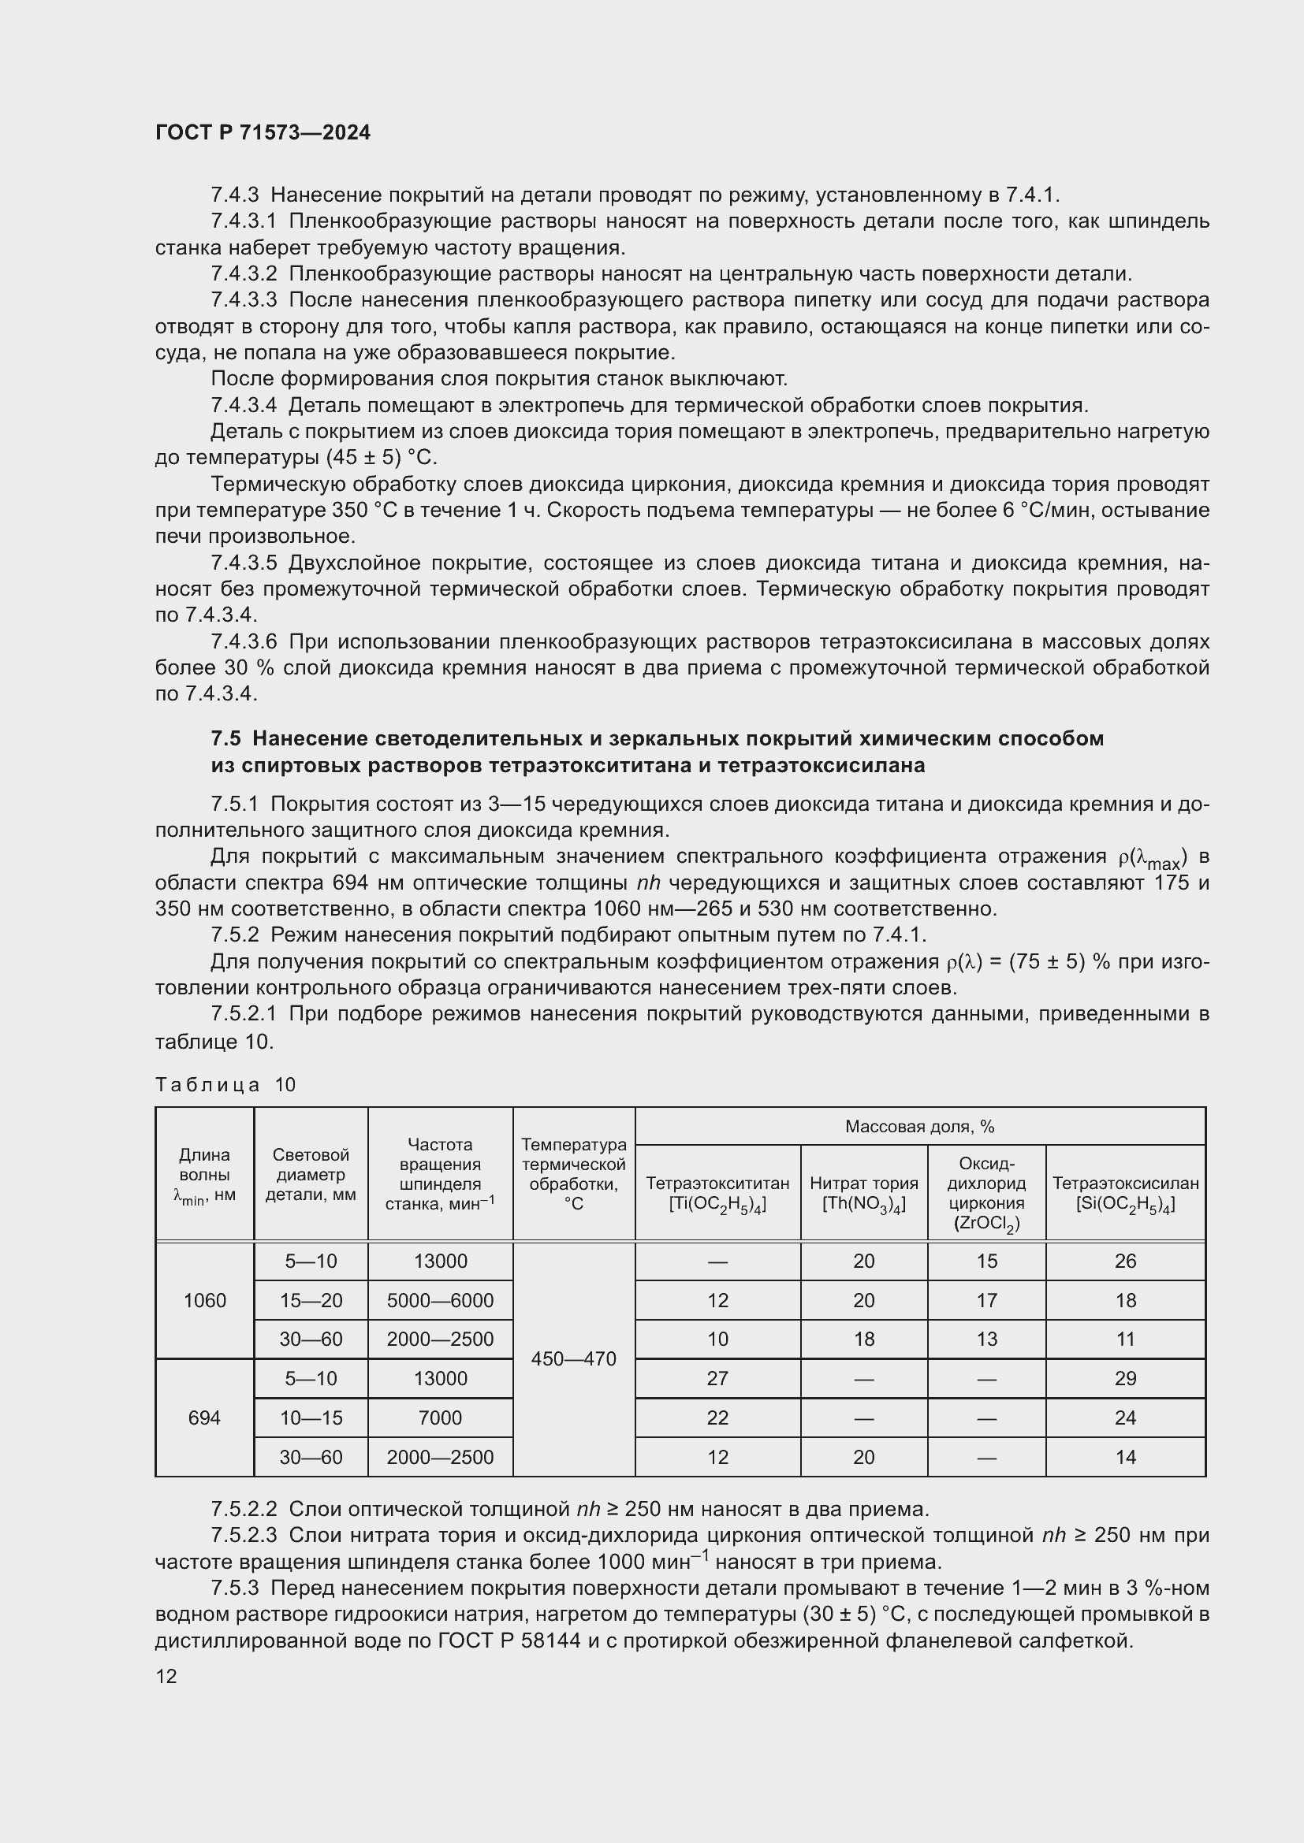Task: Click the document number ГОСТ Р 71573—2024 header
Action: point(263,132)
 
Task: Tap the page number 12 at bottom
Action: point(166,1676)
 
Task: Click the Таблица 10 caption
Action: point(225,1084)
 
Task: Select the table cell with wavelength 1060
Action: point(205,1300)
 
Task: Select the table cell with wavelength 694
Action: point(205,1418)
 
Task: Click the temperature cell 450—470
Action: point(573,1359)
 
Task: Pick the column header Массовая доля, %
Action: point(919,1126)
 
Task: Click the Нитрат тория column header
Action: point(863,1193)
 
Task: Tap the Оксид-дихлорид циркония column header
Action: point(986,1193)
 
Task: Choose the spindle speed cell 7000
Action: point(440,1418)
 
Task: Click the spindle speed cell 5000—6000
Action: point(440,1300)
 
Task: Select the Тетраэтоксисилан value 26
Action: point(1125,1261)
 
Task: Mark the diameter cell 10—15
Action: point(311,1418)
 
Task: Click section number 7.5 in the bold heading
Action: point(225,738)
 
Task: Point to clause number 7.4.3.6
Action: point(244,641)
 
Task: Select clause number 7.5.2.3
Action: point(244,1535)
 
